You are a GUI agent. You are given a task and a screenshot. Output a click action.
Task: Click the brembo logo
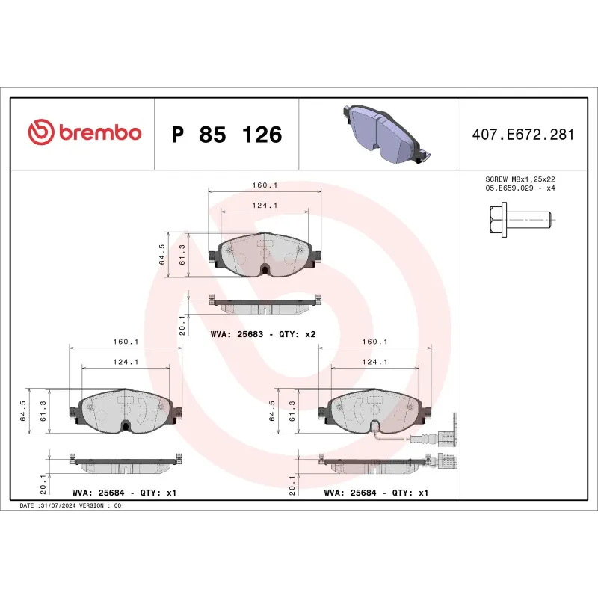point(84,133)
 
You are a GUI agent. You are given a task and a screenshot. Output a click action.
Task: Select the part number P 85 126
point(226,135)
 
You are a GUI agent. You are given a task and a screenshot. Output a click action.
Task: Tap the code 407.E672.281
point(523,135)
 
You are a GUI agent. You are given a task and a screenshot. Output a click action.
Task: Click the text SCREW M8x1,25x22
point(520,179)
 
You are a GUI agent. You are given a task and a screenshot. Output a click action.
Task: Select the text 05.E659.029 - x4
point(520,189)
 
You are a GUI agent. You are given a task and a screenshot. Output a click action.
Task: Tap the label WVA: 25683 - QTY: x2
point(265,334)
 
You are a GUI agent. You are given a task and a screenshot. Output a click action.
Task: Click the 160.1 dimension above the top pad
point(265,185)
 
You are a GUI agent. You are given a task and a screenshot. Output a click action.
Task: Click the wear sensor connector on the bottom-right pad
point(449,440)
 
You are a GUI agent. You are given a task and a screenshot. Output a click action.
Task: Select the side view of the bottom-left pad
point(126,465)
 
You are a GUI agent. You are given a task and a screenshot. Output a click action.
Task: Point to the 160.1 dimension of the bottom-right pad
point(374,342)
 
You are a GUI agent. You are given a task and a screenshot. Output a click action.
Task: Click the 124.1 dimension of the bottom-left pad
point(125,362)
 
